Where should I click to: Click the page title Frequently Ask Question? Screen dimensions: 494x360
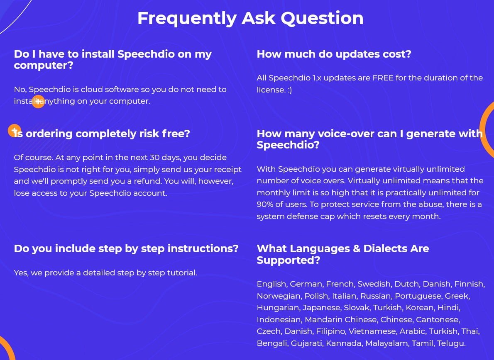point(250,19)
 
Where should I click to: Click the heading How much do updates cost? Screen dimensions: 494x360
point(334,54)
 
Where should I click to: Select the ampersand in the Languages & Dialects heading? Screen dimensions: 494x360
point(357,248)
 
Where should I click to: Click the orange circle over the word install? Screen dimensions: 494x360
point(39,102)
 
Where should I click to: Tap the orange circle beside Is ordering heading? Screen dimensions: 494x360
point(14,131)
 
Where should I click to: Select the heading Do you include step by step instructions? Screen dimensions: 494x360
point(126,248)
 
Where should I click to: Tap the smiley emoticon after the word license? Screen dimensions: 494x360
point(289,90)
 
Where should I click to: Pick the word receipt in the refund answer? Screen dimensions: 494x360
point(228,170)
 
